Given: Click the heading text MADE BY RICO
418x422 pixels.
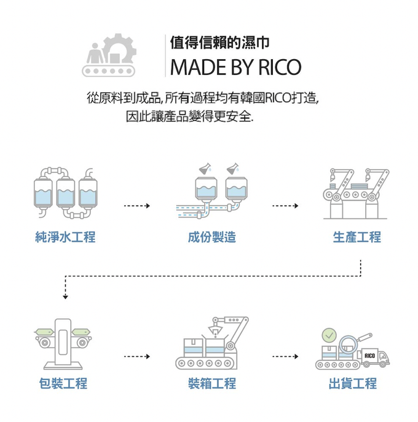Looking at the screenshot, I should pos(235,66).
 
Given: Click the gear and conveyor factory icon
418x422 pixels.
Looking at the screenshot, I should pos(111,55).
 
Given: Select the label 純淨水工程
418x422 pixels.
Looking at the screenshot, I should pos(65,237).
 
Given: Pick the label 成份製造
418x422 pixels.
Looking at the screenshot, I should pos(212,237).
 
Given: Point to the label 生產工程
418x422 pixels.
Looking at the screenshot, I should pos(357,237).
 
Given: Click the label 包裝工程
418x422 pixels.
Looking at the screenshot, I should pos(63,384).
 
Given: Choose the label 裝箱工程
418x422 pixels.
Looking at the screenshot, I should pos(212,384).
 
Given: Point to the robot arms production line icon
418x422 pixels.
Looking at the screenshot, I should pos(357,193).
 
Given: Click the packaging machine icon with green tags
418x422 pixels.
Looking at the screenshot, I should pos(63,341).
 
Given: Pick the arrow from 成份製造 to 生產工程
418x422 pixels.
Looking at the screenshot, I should pos(285,205).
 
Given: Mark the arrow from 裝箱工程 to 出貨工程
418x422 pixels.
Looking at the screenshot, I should pos(285,356).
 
